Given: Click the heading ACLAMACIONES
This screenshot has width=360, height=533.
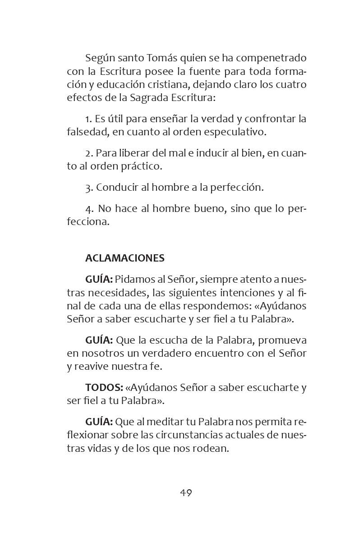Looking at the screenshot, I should [125, 258].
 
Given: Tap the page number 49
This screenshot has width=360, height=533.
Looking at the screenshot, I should [186, 492].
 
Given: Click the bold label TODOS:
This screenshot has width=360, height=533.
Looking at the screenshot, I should [104, 387].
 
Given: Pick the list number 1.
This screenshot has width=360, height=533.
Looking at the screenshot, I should [88, 119].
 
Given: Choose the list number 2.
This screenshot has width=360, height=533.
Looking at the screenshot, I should [88, 154].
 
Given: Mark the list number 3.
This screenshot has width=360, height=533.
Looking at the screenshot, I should [88, 188].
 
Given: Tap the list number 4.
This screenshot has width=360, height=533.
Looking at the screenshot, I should [88, 209].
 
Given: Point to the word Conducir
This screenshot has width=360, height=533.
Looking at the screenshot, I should [117, 188].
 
